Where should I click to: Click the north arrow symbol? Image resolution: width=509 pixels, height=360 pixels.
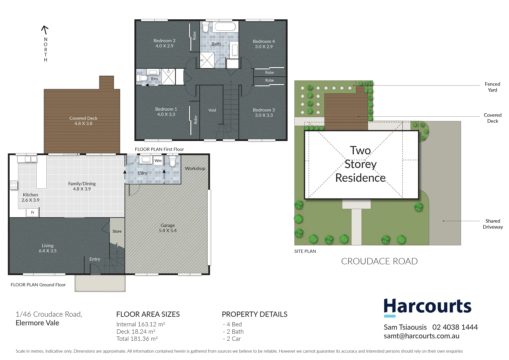45,30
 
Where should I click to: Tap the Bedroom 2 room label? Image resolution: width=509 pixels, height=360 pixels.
164,41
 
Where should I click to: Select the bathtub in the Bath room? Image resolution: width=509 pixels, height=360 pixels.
225,27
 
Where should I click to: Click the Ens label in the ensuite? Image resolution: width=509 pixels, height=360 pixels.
155,79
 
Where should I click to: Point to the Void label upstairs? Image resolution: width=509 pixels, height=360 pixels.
212,110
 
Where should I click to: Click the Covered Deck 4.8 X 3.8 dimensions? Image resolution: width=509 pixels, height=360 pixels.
83,123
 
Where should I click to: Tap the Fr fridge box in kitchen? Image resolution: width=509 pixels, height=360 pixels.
33,212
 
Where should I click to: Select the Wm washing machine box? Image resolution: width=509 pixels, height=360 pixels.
158,161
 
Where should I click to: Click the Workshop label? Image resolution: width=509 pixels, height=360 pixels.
195,168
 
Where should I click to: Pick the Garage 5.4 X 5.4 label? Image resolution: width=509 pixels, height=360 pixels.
168,228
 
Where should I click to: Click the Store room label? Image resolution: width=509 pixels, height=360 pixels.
117,231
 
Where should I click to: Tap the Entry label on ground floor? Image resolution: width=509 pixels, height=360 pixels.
95,259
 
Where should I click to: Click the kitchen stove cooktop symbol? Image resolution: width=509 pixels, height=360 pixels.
14,185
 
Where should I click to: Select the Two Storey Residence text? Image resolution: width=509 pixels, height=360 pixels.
360,164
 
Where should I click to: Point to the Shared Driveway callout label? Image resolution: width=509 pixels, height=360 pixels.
493,224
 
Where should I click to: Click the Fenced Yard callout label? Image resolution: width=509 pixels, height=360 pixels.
492,87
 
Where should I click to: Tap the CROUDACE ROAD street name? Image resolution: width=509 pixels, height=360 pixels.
379,261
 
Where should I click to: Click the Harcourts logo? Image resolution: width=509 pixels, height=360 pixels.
427,307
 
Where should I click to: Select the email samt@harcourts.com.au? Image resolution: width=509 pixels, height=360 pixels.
421,336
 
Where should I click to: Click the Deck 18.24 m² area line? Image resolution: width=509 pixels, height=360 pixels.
136,332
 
